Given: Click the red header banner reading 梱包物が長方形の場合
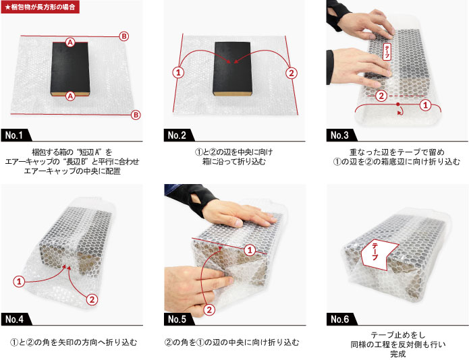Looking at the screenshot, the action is pos(40,7).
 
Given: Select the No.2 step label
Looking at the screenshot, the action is pos(179,136).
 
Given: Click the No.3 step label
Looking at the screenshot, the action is pos(341,136).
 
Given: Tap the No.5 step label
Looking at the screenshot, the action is pos(179,319).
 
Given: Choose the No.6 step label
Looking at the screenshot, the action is pos(341,319).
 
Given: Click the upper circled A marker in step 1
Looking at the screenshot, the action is pos(70,42).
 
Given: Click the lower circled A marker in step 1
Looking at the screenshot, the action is pos(70,96).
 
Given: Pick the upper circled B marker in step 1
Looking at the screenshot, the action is pos(124,36).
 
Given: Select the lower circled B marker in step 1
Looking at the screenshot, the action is pos(136,115).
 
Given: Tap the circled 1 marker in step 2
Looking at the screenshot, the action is pos(178,73).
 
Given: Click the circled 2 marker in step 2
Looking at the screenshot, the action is pos(292,73).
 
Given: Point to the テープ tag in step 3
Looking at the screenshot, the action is pos(387,52).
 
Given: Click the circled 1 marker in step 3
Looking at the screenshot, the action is pos(426,105).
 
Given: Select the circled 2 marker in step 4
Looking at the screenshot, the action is pos(92,299).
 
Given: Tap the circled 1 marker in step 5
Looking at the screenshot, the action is pos(250,250).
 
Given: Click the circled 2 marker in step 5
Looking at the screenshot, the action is pos(209,310).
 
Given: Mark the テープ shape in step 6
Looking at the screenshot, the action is pos(379,254).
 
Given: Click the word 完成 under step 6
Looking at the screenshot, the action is pos(398,354).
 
